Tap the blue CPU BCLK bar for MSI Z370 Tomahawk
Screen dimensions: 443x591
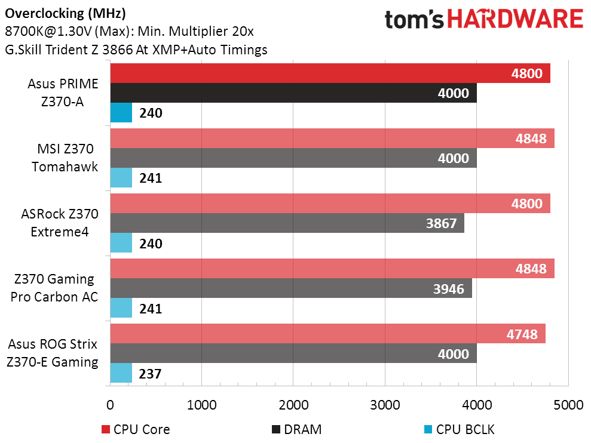121,177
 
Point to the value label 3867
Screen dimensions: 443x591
441,224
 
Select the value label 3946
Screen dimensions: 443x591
448,289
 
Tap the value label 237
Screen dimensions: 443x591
150,374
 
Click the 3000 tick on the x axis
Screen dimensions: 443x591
385,405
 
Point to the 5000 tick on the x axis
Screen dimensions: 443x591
568,405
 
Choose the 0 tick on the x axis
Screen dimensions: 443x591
110,405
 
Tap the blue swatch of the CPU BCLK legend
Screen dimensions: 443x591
428,429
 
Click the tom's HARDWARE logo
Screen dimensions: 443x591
483,20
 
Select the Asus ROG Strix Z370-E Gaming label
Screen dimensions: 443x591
54,353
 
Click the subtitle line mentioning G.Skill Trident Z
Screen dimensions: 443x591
136,50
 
